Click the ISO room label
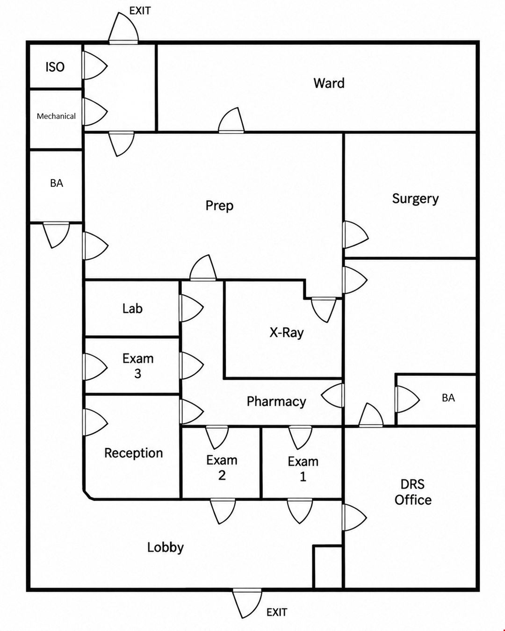coord(55,67)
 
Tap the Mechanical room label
coord(56,116)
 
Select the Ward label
coord(329,83)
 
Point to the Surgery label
coord(416,199)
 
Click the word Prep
coord(219,206)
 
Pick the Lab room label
coord(132,308)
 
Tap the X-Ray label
coord(287,333)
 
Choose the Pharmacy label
coord(276,402)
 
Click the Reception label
coord(134,453)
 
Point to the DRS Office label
coord(413,492)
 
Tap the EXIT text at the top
coord(140,11)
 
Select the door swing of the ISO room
coord(95,65)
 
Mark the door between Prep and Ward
coord(231,121)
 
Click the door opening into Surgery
coord(355,235)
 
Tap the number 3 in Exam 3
coord(137,374)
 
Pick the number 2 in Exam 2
coord(222,475)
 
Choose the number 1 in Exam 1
coord(303,476)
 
